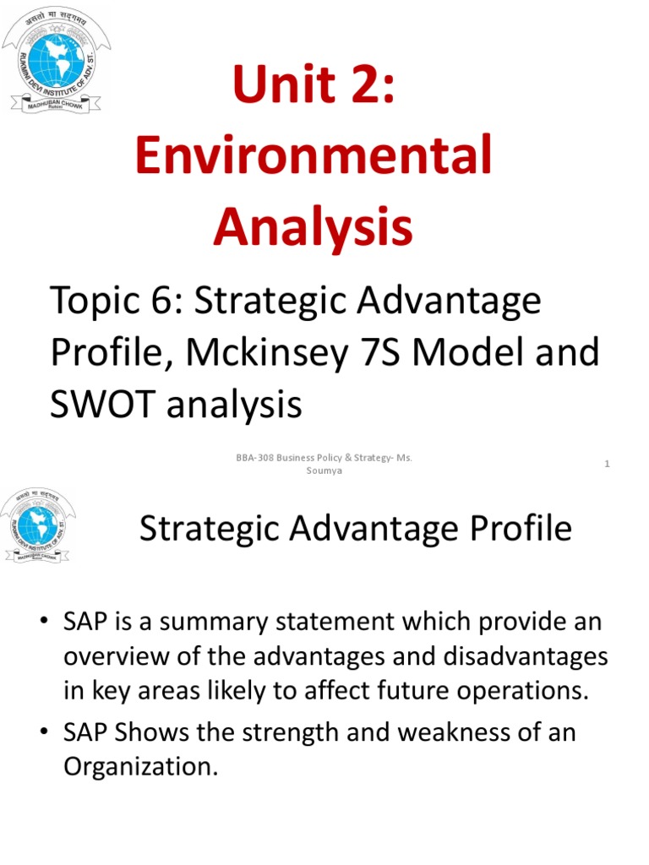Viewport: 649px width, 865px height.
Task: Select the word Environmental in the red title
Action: coord(314,157)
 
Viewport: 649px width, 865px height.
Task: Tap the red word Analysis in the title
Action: coord(314,226)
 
